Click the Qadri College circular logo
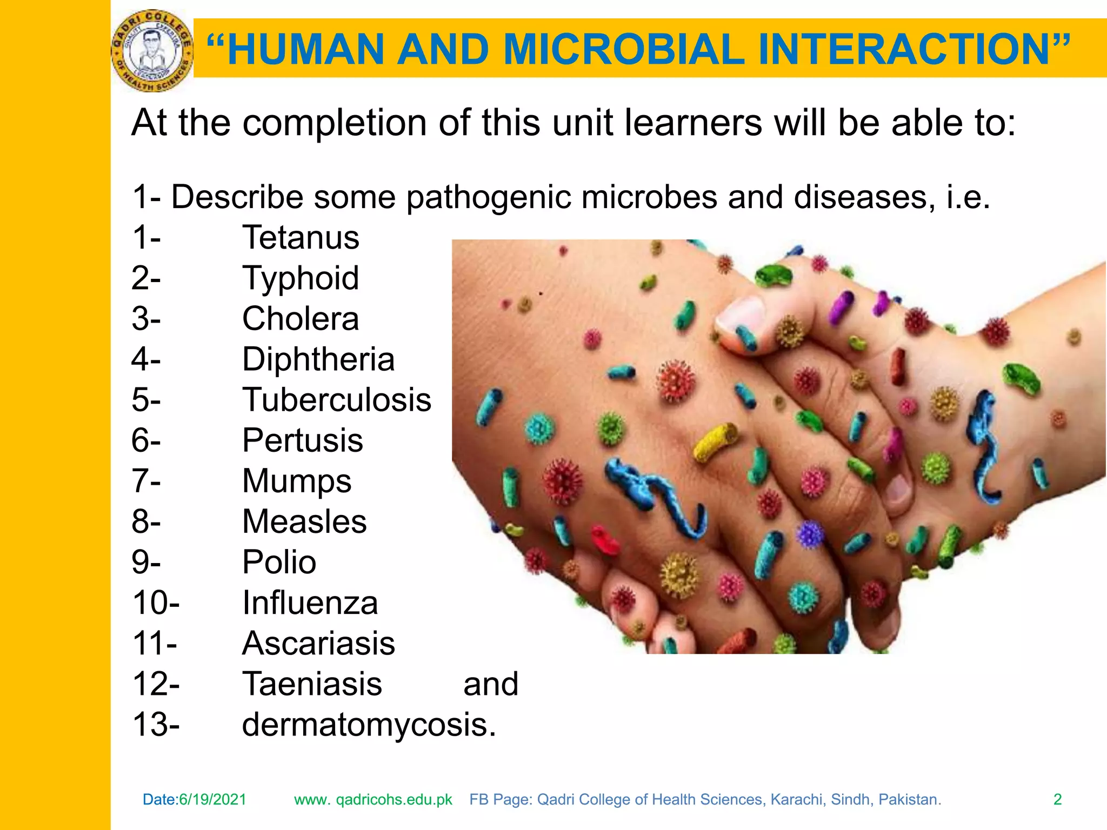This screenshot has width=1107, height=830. tap(152, 51)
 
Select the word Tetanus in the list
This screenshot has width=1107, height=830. tap(301, 237)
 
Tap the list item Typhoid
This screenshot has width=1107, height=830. tap(301, 278)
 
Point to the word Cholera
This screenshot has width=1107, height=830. tap(301, 319)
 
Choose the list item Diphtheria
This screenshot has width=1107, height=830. tap(318, 359)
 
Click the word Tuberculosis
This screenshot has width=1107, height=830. tap(336, 400)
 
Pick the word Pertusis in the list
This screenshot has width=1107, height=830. tap(302, 440)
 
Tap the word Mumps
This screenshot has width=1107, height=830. tap(297, 481)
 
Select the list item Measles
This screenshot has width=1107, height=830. tap(304, 521)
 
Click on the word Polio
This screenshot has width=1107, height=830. tap(279, 562)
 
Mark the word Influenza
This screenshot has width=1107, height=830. tap(310, 603)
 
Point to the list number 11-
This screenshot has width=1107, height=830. tap(155, 644)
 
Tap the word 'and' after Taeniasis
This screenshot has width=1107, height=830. tap(491, 684)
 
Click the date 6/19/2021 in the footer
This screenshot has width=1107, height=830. tap(212, 799)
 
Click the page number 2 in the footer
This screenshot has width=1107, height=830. tap(1058, 799)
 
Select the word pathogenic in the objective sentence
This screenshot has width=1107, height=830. tap(488, 197)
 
